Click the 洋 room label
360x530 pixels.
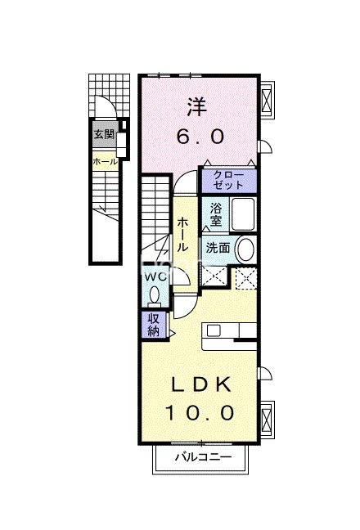coord(196,106)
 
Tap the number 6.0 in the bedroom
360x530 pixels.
coord(199,135)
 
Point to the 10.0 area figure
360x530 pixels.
coord(201,413)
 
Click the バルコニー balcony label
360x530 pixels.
coord(202,457)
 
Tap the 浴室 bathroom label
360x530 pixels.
coord(216,213)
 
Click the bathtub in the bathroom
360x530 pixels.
coord(242,214)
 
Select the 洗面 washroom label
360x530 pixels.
coord(217,246)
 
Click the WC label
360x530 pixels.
coord(156,277)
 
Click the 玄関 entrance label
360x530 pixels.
coord(103,135)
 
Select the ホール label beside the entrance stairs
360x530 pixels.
coord(103,161)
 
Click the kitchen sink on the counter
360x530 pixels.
coord(214,330)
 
